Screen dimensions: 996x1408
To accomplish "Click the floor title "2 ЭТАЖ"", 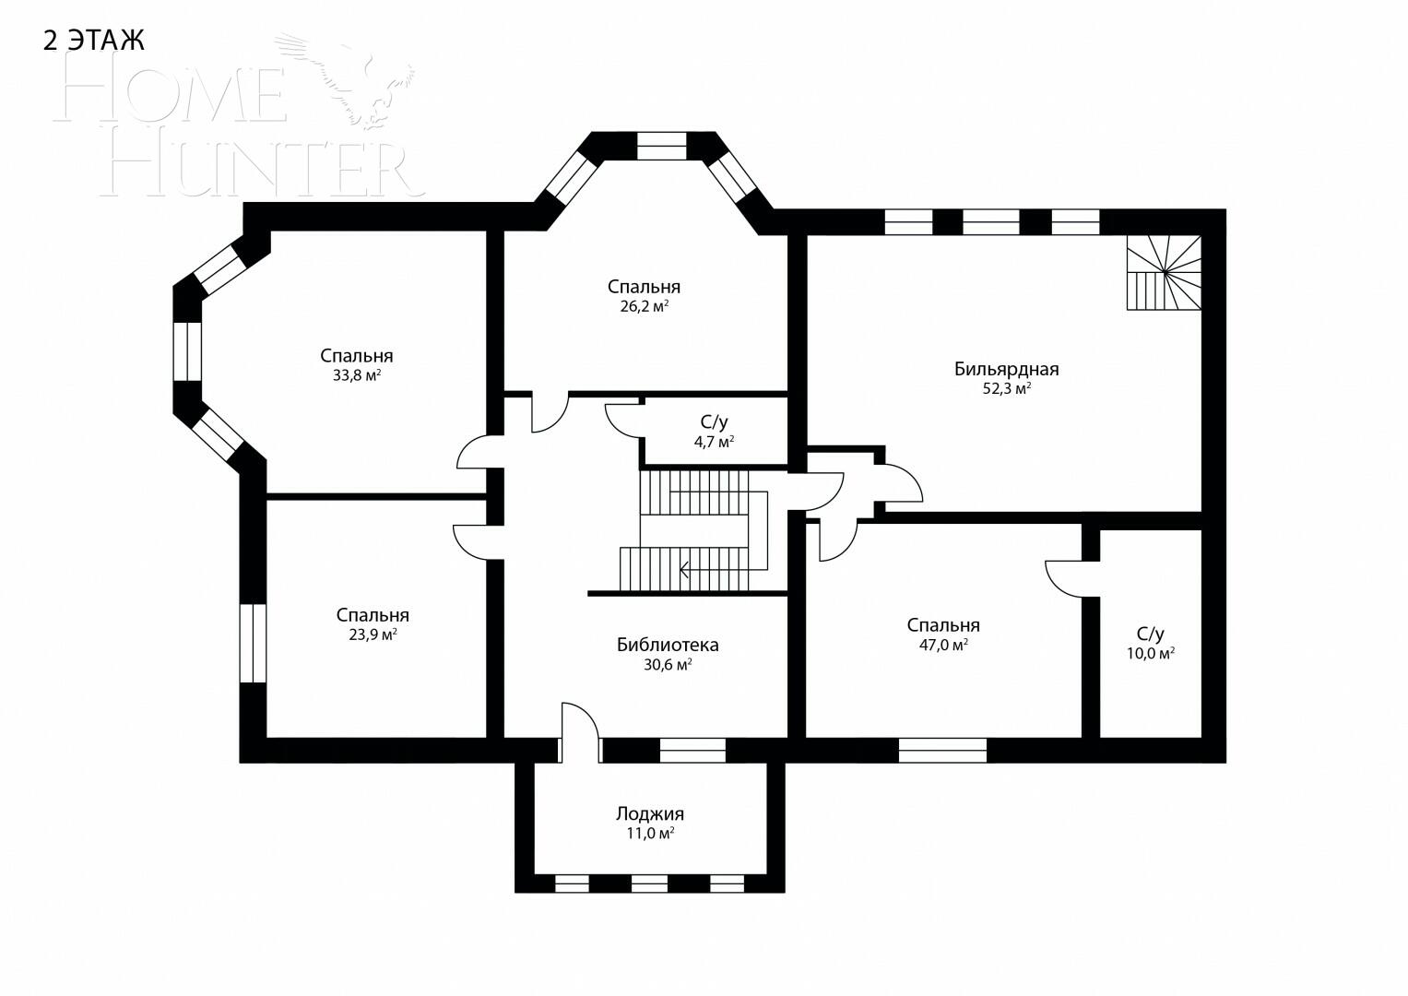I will pyautogui.click(x=94, y=41).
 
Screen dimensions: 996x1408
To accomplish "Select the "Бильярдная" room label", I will pyautogui.click(x=1006, y=369).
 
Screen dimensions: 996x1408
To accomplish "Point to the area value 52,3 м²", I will pyautogui.click(x=1006, y=389).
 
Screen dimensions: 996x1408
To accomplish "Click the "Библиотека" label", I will pyautogui.click(x=668, y=645).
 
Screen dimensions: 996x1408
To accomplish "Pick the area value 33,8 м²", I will pyautogui.click(x=357, y=376).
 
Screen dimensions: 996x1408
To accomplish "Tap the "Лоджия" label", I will pyautogui.click(x=650, y=813).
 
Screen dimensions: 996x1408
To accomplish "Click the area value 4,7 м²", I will pyautogui.click(x=714, y=442).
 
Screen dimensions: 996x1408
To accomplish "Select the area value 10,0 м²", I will pyautogui.click(x=1150, y=654).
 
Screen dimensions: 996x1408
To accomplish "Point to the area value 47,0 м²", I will pyautogui.click(x=942, y=646).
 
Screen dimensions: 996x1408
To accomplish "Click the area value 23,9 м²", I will pyautogui.click(x=373, y=635).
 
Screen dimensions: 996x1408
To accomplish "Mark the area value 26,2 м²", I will pyautogui.click(x=644, y=307).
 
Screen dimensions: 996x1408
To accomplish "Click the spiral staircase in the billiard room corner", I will pyautogui.click(x=1165, y=273).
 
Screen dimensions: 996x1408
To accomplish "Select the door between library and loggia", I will pyautogui.click(x=579, y=731).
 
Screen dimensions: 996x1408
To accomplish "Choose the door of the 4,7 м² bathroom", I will pyautogui.click(x=623, y=421).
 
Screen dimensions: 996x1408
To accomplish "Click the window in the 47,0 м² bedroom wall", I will pyautogui.click(x=942, y=751).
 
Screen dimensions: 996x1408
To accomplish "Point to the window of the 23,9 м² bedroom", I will pyautogui.click(x=253, y=643).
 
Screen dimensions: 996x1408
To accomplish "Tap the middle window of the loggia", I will pyautogui.click(x=649, y=883).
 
